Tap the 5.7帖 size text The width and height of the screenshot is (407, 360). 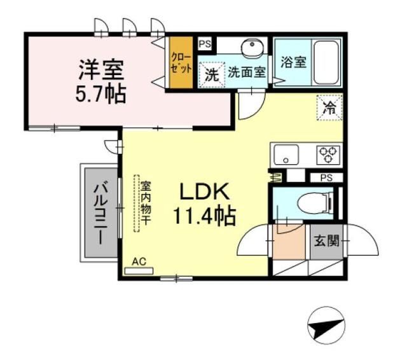click(x=100, y=93)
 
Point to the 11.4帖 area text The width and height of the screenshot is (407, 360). click(x=203, y=216)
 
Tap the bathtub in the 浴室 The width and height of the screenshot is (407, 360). click(x=327, y=62)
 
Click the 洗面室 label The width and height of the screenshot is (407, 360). click(x=247, y=72)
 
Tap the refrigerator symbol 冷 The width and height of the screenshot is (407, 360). click(x=329, y=106)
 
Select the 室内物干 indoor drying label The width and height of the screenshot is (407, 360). click(x=145, y=204)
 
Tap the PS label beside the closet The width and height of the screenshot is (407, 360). click(x=205, y=44)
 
